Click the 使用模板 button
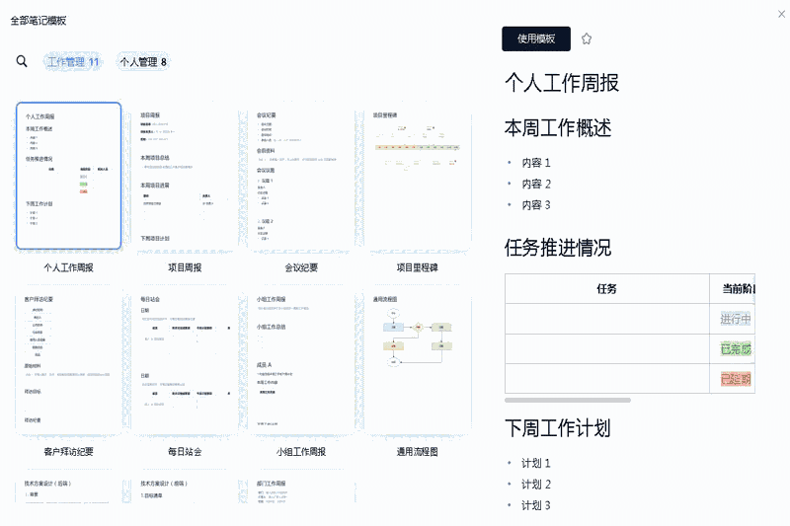tap(536, 38)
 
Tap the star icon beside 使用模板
tap(587, 38)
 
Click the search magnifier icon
tap(22, 61)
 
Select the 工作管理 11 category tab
tap(73, 61)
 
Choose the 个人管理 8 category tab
tap(143, 61)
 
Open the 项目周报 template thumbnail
tap(185, 176)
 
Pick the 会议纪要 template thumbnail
tap(301, 176)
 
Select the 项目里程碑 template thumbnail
tap(417, 176)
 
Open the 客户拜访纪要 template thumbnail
tap(68, 362)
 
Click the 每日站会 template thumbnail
tap(185, 362)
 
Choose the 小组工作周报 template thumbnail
tap(301, 362)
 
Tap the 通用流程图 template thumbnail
tap(417, 362)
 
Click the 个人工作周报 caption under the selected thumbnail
tap(68, 267)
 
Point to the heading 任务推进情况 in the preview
tap(557, 247)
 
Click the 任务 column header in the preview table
tap(606, 289)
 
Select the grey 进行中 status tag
tap(736, 319)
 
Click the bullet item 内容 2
tap(536, 184)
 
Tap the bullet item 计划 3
tap(536, 505)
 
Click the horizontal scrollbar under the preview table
tap(568, 400)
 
